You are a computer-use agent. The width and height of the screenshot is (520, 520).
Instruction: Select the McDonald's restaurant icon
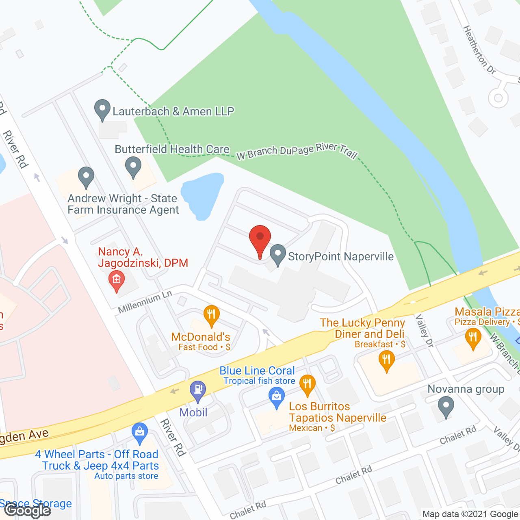pyautogui.click(x=211, y=315)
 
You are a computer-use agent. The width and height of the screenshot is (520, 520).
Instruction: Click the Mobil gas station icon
pyautogui.click(x=198, y=391)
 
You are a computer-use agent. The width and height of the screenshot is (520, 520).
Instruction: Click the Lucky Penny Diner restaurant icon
pyautogui.click(x=386, y=360)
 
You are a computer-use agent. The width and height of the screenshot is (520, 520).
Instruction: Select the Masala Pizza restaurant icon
pyautogui.click(x=473, y=338)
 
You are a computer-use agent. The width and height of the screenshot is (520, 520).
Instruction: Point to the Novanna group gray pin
pyautogui.click(x=446, y=407)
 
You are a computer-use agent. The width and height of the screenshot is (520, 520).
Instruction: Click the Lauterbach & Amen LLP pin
pyautogui.click(x=102, y=110)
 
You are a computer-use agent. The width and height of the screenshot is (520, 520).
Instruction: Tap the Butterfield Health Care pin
pyautogui.click(x=133, y=167)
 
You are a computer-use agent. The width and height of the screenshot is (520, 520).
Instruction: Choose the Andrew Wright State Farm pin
pyautogui.click(x=86, y=177)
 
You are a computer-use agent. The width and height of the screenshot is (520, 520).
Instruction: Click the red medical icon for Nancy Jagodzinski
pyautogui.click(x=117, y=280)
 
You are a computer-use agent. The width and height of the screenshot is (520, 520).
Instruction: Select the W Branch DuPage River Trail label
pyautogui.click(x=297, y=151)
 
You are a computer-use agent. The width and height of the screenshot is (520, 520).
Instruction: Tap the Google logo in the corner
pyautogui.click(x=28, y=510)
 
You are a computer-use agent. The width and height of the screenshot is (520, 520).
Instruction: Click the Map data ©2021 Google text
pyautogui.click(x=470, y=514)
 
